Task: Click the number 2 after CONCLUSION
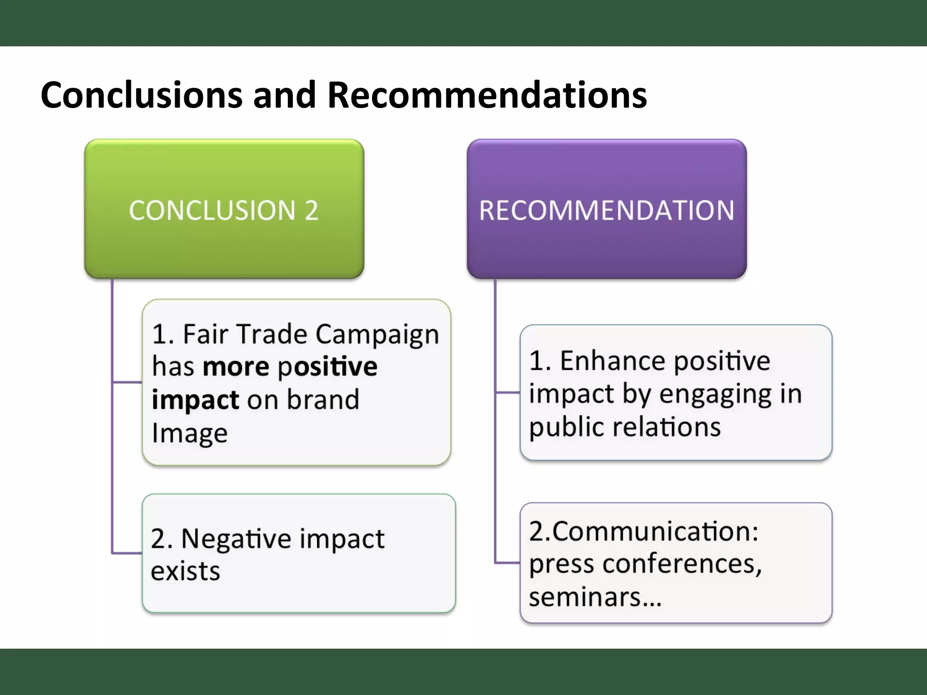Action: coord(311,210)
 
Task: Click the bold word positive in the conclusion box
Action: coord(327,367)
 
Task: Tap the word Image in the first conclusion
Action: coord(190,433)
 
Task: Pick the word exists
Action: coord(185,571)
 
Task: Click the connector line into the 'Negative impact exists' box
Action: coord(127,553)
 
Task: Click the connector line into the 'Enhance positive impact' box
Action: coord(507,393)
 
